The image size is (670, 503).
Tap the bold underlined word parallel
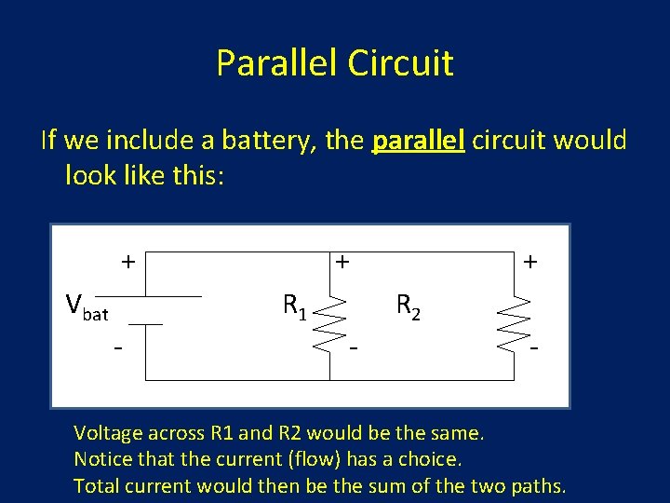tap(418, 141)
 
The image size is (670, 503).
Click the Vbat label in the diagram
tap(87, 306)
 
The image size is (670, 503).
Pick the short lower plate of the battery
tap(146, 324)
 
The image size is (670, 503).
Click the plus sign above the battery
tap(127, 262)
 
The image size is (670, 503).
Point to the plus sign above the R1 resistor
tap(342, 263)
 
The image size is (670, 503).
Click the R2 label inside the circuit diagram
tap(408, 305)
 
